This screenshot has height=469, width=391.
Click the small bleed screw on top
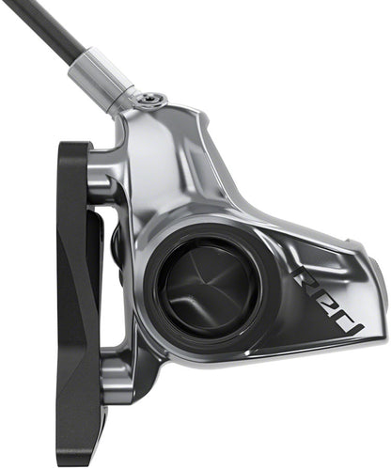tap(150, 100)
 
